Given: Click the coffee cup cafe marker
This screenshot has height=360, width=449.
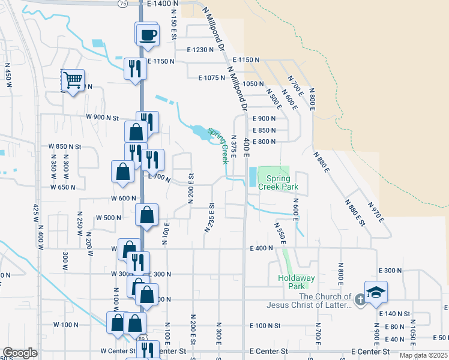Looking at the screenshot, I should (147, 34).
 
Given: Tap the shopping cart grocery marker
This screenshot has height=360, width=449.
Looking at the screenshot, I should (73, 80).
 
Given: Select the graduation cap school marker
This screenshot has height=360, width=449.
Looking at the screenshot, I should (376, 293).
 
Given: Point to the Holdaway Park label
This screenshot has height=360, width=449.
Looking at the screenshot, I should (292, 282).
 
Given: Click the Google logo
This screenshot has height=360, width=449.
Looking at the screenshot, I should (20, 353).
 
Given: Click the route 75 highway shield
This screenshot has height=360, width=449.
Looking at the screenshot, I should (122, 3).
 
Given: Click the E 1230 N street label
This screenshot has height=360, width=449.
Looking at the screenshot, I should (200, 50).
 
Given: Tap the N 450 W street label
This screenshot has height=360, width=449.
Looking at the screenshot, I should (8, 78).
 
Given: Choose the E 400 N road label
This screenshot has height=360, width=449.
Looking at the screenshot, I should (262, 248).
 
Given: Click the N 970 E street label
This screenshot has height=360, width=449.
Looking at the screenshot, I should (377, 211).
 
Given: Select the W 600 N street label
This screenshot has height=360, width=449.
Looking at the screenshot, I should (124, 198).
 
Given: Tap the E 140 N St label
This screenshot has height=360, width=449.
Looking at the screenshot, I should (394, 314).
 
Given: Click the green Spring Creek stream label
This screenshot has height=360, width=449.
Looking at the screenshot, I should (218, 145).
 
